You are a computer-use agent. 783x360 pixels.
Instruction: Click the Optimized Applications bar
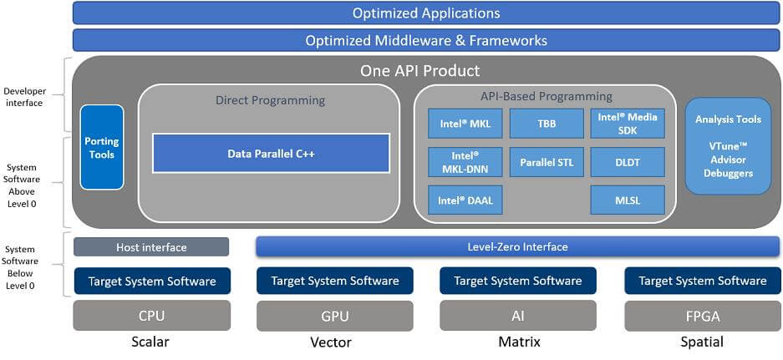tap(426, 13)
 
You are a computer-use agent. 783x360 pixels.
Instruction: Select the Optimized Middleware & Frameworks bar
tap(426, 40)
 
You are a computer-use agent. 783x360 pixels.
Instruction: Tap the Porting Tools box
tap(102, 147)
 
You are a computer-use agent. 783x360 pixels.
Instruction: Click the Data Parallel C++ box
tap(271, 154)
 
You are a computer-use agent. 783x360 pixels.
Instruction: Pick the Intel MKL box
tap(465, 124)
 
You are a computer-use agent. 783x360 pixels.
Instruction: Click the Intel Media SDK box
tap(628, 124)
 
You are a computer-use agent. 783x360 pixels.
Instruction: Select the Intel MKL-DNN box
tap(465, 162)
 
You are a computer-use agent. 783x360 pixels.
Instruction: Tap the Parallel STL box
tap(547, 162)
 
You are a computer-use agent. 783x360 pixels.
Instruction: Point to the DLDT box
tap(628, 162)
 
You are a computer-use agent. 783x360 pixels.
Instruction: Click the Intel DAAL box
tap(465, 200)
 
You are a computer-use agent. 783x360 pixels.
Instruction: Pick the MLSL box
tap(628, 200)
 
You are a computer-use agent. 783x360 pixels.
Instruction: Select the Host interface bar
tap(151, 247)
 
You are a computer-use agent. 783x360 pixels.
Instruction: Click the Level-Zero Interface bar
tap(517, 246)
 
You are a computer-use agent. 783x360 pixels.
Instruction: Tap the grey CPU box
tap(151, 316)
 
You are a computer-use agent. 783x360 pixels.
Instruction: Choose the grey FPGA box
tap(702, 316)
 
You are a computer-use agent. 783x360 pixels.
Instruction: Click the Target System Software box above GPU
tap(334, 281)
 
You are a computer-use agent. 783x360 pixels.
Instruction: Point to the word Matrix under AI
tap(518, 342)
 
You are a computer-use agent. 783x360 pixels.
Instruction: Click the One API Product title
tap(419, 71)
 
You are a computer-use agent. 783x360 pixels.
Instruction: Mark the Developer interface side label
tap(25, 97)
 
